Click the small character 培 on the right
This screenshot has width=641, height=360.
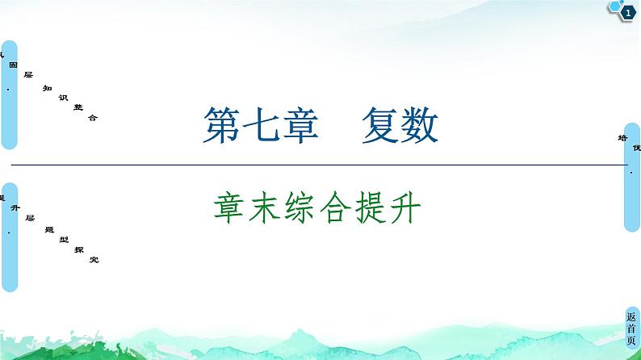click(622, 136)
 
